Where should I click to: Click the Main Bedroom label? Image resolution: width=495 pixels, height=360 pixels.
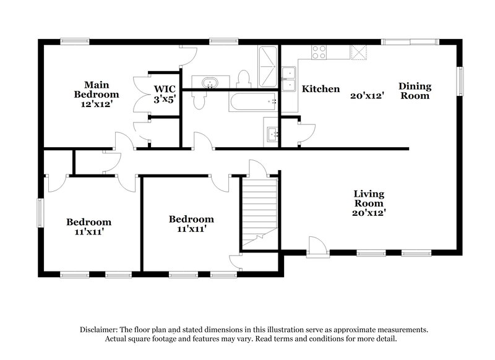coord(97,89)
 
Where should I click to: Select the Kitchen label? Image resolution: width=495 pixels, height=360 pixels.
coord(321,89)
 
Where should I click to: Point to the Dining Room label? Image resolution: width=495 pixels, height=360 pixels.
coord(415,90)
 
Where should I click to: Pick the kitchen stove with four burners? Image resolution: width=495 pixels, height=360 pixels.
coord(319,52)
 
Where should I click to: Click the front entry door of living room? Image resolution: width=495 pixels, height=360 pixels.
coord(317,246)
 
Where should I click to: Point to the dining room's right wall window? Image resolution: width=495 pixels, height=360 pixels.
coord(460,80)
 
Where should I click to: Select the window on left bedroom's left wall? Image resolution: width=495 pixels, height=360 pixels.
coord(40,212)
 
